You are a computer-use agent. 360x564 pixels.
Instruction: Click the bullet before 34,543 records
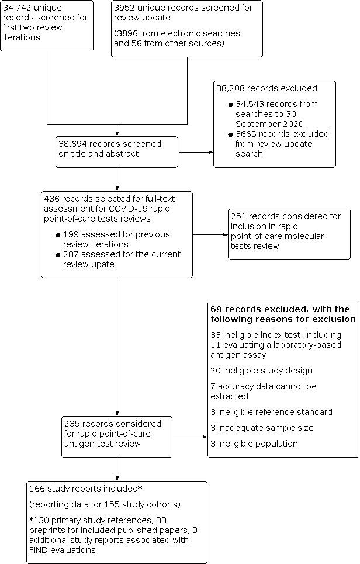230,105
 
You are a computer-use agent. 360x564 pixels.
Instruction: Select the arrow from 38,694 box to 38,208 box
196,152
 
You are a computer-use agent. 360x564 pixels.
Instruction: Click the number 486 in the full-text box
51,199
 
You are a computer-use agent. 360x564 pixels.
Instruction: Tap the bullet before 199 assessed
58,235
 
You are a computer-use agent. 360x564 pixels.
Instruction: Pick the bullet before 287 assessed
58,255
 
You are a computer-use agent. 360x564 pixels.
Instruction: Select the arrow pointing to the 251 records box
210,235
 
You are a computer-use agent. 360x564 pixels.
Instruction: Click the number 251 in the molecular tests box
240,216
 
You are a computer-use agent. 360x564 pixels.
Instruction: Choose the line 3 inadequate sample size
262,428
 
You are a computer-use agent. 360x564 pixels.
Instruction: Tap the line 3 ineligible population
254,444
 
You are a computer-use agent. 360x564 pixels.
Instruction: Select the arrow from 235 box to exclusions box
190,436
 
